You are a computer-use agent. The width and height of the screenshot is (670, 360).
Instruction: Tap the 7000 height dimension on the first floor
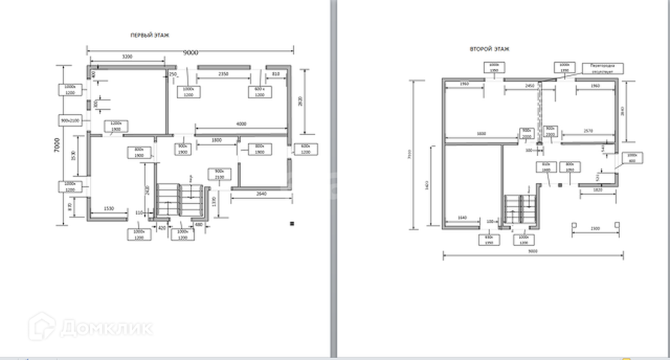point(56,143)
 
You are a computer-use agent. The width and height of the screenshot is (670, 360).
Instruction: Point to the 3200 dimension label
point(127,58)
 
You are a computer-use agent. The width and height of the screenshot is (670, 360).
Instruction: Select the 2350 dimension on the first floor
point(223,74)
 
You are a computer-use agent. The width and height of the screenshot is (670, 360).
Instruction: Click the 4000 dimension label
point(240,123)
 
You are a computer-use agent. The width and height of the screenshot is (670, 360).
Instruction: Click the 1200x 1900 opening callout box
point(116,126)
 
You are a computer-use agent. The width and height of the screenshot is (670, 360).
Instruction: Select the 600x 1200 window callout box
point(305,148)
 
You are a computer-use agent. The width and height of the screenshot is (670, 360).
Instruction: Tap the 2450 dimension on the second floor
point(530,86)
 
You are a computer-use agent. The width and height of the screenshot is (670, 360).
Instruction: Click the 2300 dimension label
point(594,227)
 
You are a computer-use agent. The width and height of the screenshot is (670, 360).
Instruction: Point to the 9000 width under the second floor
point(532,251)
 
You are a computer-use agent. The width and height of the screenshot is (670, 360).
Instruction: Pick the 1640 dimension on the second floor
point(461,217)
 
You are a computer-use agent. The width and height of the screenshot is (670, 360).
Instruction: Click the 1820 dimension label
point(596,190)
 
